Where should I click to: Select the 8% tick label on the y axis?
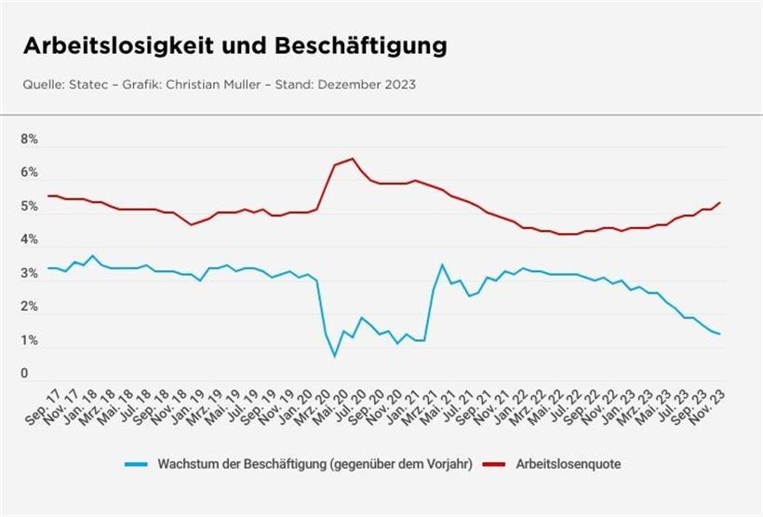(x=30, y=140)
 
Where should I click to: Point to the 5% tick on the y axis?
(x=30, y=207)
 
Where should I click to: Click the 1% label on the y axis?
(x=30, y=341)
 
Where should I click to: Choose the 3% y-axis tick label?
(x=30, y=274)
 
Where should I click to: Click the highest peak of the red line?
(x=353, y=158)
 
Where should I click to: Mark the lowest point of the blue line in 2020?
(x=335, y=356)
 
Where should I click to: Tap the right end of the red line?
(x=720, y=202)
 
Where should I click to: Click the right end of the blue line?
(x=720, y=333)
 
